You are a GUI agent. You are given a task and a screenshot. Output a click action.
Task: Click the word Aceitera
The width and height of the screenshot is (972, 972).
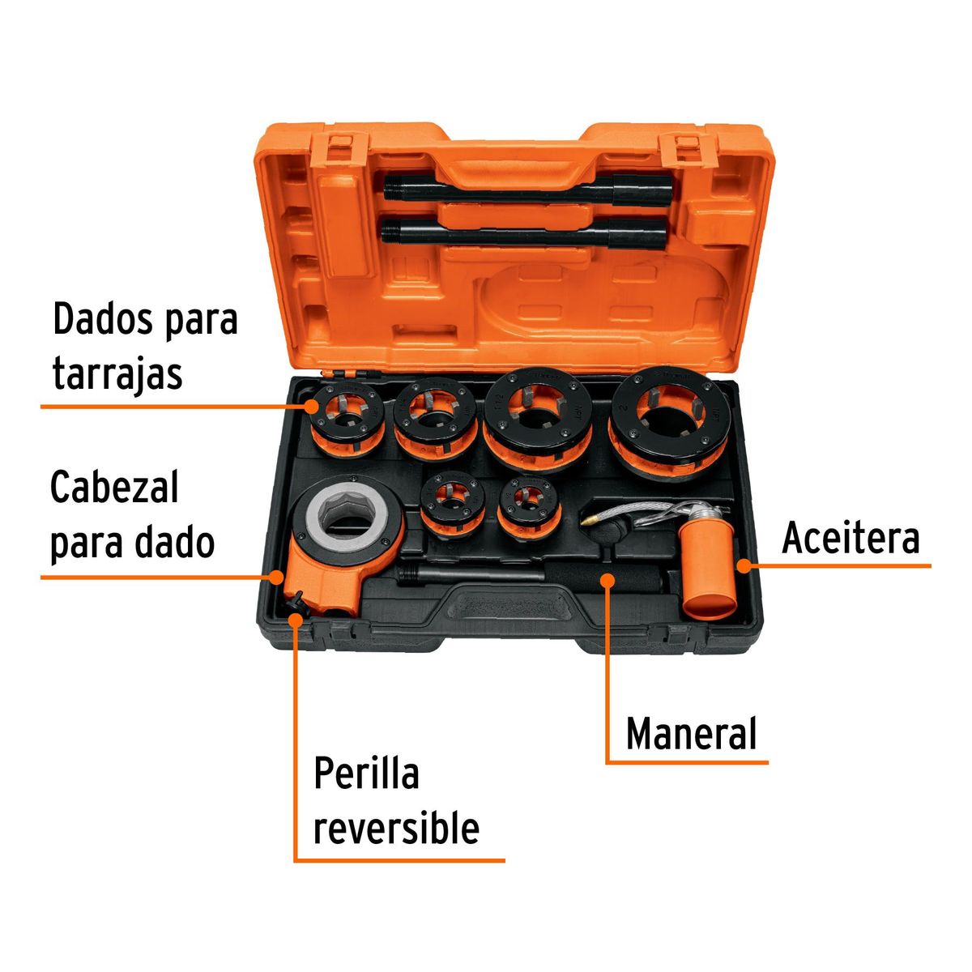pyautogui.click(x=850, y=539)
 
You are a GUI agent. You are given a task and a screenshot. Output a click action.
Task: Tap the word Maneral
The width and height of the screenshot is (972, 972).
pyautogui.click(x=691, y=734)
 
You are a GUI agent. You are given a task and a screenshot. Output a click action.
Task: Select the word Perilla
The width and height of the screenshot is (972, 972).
pyautogui.click(x=366, y=774)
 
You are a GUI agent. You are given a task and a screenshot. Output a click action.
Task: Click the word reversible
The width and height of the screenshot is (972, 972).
pyautogui.click(x=396, y=829)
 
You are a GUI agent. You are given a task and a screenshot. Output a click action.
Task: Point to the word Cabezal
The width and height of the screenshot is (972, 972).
pyautogui.click(x=114, y=488)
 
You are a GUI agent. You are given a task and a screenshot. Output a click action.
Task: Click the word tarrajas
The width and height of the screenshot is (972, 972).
pyautogui.click(x=117, y=374)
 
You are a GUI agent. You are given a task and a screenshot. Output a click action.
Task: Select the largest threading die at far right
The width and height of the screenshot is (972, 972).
pyautogui.click(x=671, y=421)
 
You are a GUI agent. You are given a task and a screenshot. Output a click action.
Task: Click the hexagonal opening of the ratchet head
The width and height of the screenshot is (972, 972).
pyautogui.click(x=347, y=518)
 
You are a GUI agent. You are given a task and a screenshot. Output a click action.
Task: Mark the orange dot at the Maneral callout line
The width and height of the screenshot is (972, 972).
pyautogui.click(x=607, y=578)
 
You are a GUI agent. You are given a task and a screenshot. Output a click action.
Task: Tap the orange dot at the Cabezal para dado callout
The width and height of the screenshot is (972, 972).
pyautogui.click(x=277, y=577)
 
